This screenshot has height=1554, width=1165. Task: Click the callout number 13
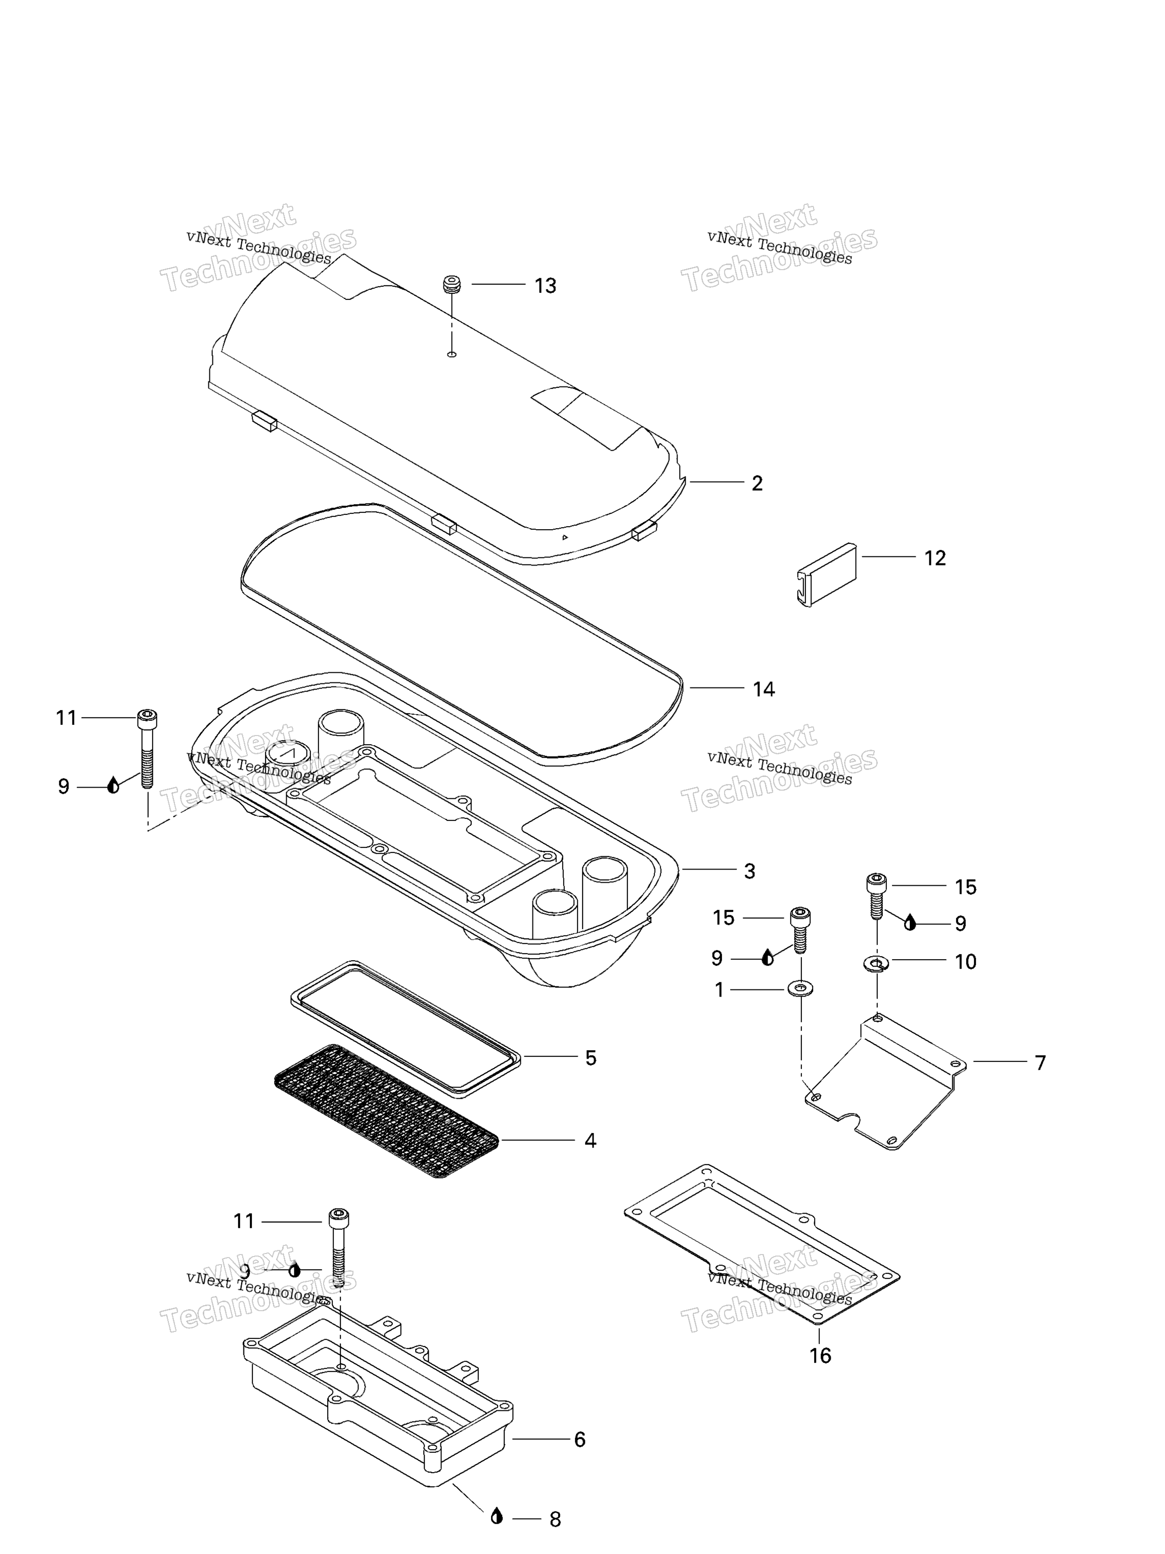[545, 286]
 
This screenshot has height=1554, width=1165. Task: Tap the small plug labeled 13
[452, 284]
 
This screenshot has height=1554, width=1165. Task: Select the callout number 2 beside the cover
[757, 483]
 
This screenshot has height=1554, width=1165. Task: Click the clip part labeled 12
[827, 575]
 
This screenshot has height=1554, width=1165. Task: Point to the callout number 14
[764, 689]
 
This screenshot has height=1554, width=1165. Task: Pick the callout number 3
[749, 871]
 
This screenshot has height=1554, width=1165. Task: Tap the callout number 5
[591, 1058]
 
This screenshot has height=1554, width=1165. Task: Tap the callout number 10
[966, 962]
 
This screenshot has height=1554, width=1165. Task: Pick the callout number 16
[820, 1356]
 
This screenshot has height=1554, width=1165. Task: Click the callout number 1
[719, 990]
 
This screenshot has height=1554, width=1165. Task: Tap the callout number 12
[934, 558]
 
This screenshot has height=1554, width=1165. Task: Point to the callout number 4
[590, 1141]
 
